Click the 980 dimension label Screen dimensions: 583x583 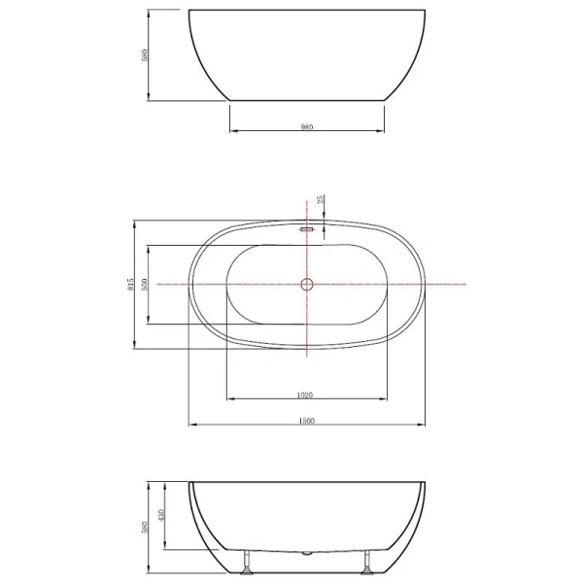[x=306, y=124]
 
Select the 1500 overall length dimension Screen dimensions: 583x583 [x=306, y=420]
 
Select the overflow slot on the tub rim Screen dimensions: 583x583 [x=306, y=229]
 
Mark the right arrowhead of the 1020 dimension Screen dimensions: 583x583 [x=386, y=400]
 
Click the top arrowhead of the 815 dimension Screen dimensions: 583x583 [x=133, y=221]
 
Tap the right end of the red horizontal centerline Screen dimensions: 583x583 [x=465, y=284]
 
